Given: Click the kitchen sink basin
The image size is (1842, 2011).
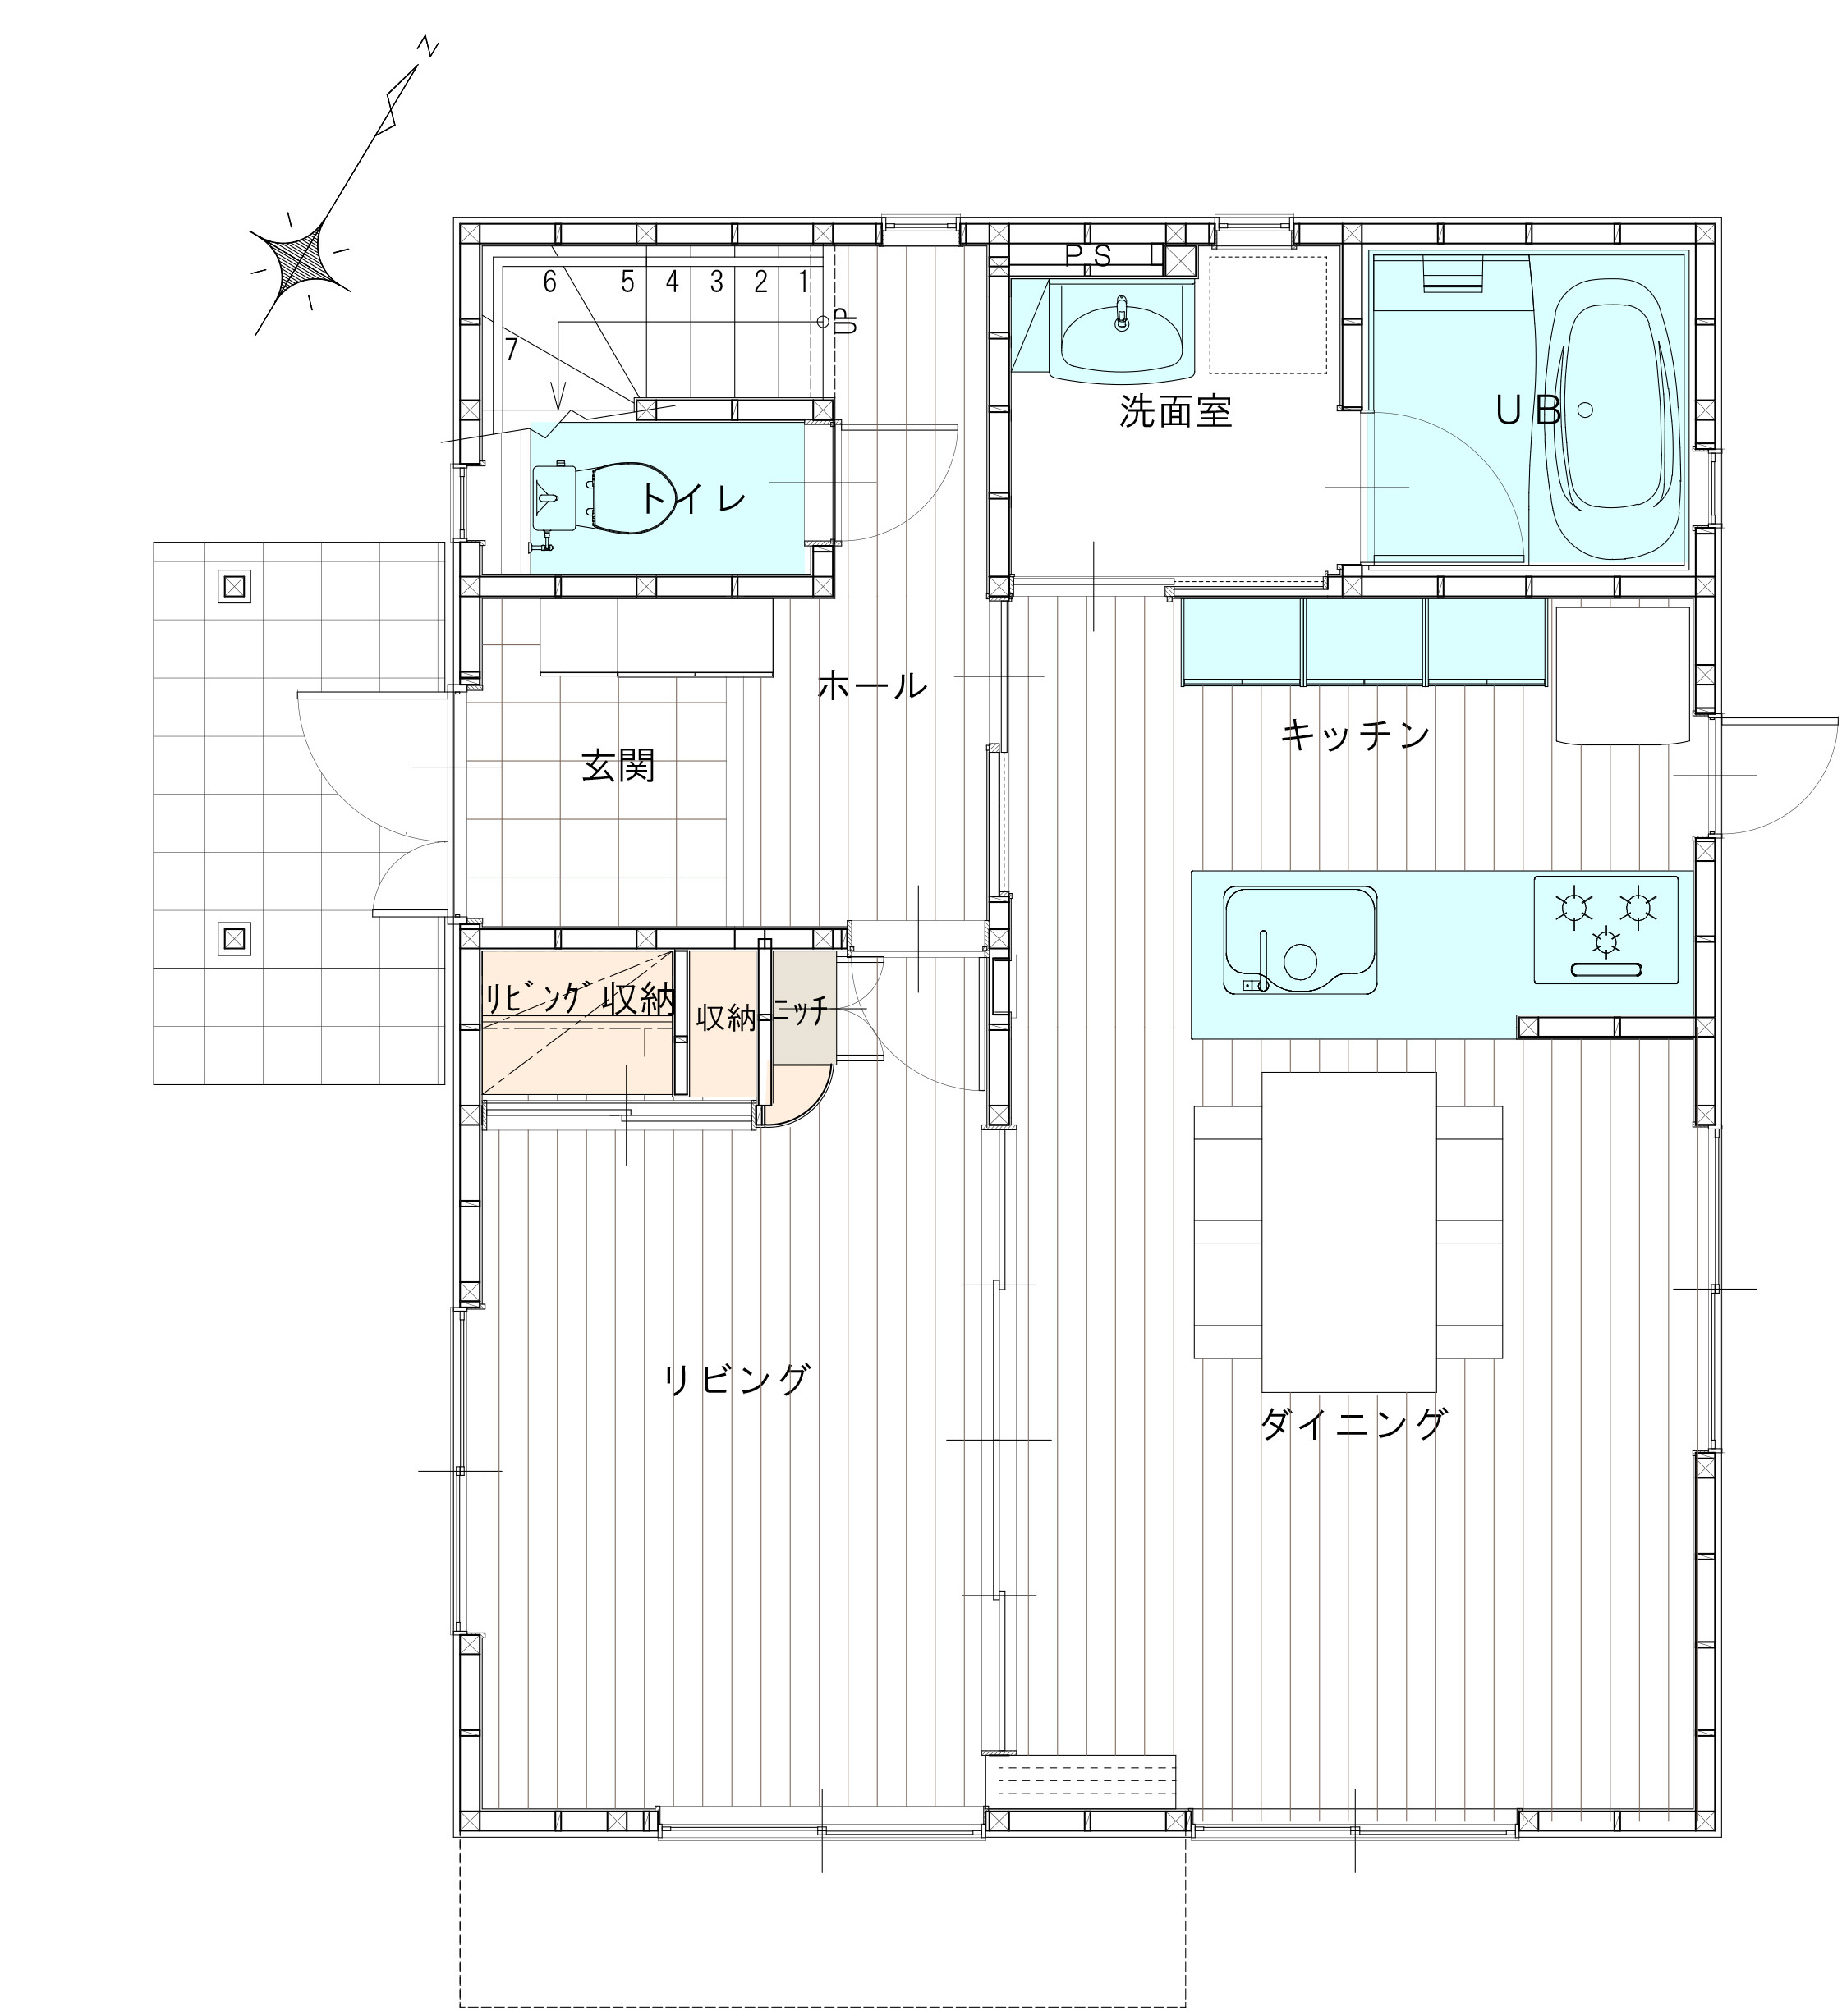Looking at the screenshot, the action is pos(1300,939).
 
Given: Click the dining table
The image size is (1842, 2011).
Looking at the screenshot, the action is pos(1348,1232).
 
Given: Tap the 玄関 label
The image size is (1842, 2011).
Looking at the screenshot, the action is pos(618,766).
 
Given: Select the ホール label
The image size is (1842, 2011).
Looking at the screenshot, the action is pos(872,685).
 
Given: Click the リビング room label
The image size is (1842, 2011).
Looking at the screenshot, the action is pos(737,1380).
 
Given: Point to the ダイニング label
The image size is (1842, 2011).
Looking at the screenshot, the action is pos(1354,1423).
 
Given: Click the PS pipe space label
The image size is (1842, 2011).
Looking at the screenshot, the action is pos(1087,256).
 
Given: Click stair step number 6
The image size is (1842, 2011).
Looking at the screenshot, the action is pos(549,282).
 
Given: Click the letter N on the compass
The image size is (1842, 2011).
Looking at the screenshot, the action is pos(428,47).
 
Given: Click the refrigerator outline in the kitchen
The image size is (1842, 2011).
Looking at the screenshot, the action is pos(1621,675).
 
